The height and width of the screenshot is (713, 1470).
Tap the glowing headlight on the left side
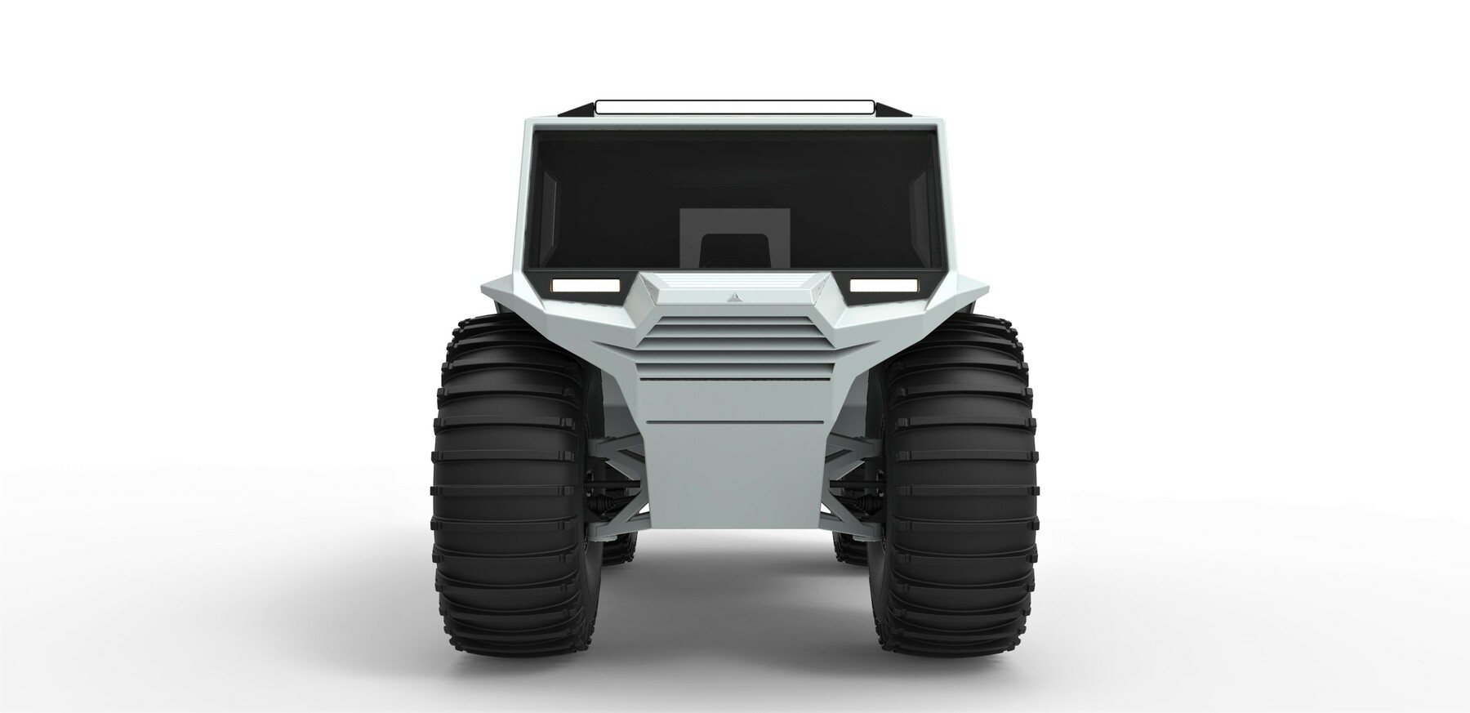click(x=585, y=285)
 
